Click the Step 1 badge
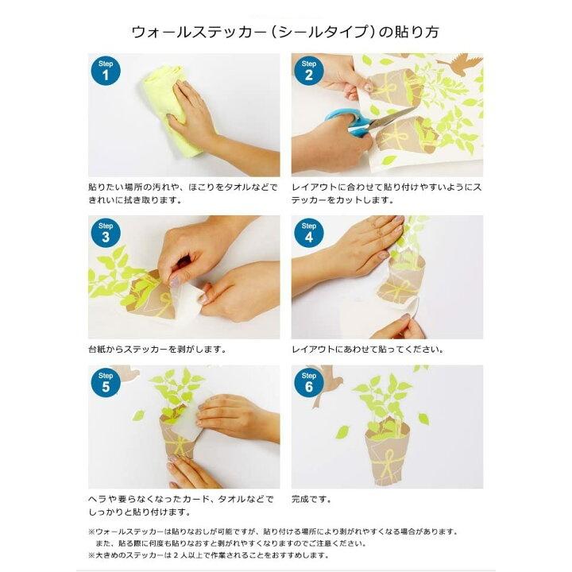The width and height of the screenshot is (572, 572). coord(106,71)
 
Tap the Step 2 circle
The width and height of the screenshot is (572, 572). coord(308,71)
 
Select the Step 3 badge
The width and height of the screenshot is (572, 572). coord(106,233)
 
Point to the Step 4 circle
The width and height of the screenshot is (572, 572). coord(308,233)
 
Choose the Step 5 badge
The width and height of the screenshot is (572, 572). coord(106,382)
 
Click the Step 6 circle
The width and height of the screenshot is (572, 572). coord(308,382)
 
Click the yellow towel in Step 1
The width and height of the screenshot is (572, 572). coord(172,110)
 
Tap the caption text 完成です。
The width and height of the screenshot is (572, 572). coord(311,499)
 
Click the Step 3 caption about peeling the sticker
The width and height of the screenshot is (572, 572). coord(157,350)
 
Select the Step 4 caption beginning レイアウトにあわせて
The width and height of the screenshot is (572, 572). coord(368,350)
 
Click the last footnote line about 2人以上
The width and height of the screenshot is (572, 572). coord(209,555)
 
